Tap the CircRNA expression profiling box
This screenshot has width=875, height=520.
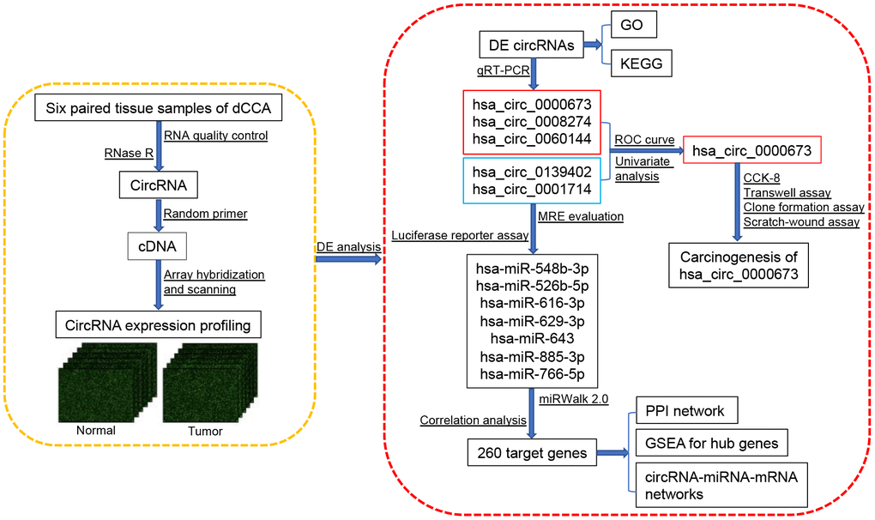tap(158, 325)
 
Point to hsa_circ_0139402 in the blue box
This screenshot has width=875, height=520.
tap(534, 171)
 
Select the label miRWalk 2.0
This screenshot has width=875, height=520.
tap(574, 398)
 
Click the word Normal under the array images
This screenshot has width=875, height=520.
tap(95, 429)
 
